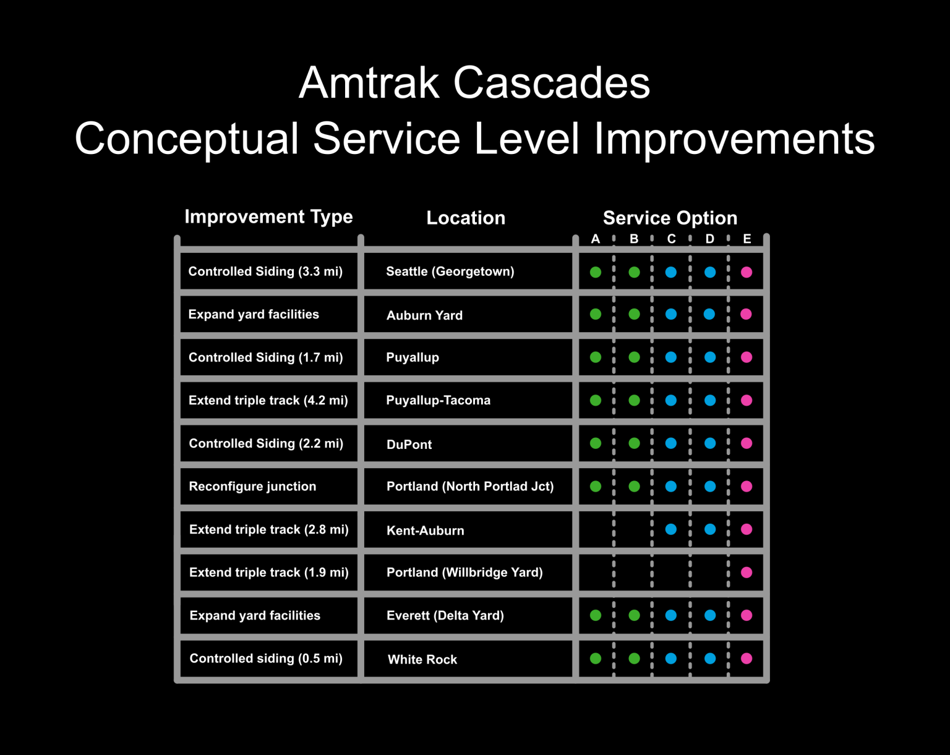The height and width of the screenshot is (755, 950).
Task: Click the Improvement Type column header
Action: [268, 217]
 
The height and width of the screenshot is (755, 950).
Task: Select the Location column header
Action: [466, 218]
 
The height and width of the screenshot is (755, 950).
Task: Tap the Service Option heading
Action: [670, 218]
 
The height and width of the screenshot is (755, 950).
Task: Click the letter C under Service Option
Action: [671, 239]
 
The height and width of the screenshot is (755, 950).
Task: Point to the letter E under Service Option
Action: [747, 239]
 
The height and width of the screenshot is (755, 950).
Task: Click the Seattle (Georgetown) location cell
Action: [450, 271]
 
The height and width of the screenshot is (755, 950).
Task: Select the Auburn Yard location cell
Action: [424, 315]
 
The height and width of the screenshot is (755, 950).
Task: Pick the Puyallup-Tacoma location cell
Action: [438, 400]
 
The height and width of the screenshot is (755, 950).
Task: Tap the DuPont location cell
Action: [409, 445]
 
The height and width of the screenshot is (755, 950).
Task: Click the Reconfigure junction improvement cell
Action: [252, 487]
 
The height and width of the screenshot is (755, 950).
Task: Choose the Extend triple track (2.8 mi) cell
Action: [268, 529]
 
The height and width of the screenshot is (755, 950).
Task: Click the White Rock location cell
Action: [422, 660]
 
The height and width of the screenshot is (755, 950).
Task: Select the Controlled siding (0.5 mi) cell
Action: [266, 659]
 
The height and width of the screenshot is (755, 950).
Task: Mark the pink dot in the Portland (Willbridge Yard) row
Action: [747, 573]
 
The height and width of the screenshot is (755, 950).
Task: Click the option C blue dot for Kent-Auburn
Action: [671, 529]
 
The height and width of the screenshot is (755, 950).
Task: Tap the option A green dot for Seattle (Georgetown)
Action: [596, 272]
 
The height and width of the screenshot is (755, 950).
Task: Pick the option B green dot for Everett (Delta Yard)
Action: [634, 615]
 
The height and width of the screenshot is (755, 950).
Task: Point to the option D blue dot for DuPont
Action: [710, 443]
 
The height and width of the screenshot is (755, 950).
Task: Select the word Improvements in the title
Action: [734, 139]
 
